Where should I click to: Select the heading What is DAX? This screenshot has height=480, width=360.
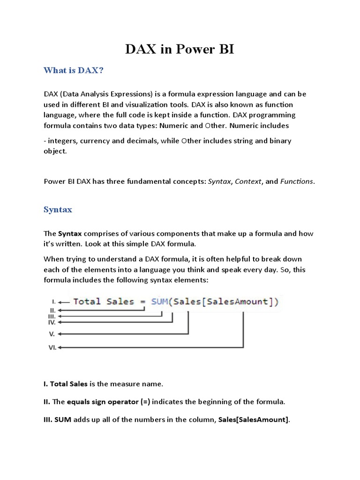[x=74, y=70]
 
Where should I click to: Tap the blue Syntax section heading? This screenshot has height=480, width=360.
[x=58, y=210]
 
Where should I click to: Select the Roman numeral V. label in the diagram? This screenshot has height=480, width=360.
[x=52, y=334]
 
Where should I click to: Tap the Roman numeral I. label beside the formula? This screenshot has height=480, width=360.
[x=54, y=301]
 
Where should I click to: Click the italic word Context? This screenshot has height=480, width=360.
[x=248, y=181]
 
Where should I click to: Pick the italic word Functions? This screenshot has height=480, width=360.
[x=297, y=181]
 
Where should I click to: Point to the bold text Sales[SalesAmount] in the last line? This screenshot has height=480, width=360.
[x=254, y=420]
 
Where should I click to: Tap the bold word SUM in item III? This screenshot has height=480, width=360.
[x=62, y=420]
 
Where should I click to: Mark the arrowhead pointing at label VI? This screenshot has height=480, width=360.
[x=60, y=347]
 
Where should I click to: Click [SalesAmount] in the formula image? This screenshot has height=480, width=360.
[x=239, y=301]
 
